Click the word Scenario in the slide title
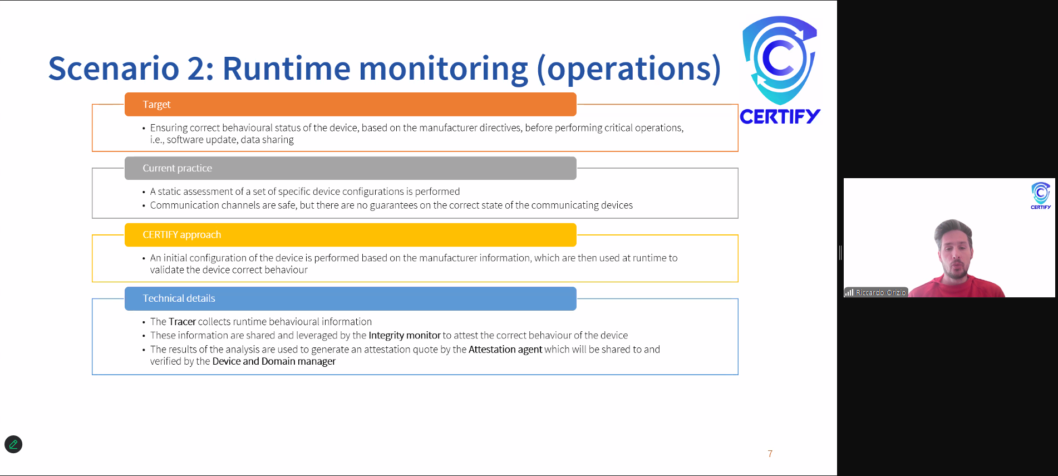(114, 68)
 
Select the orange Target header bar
(351, 104)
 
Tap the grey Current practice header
(351, 168)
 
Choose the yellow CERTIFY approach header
(351, 235)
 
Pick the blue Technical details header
(351, 298)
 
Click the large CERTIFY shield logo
(780, 60)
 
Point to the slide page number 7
(770, 454)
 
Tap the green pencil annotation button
(13, 444)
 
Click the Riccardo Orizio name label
(880, 292)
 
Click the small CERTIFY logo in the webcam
(1041, 195)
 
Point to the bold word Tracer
(183, 322)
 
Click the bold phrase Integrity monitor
(405, 336)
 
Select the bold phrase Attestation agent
(505, 350)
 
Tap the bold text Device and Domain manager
(274, 361)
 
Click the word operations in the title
(629, 70)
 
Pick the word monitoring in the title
(443, 70)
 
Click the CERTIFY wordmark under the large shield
(780, 116)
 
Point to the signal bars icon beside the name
(849, 292)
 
